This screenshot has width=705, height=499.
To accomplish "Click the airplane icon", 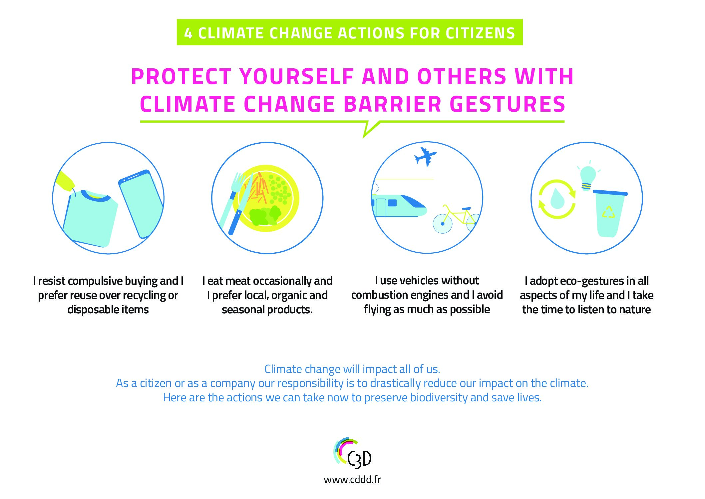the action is pos(425,156).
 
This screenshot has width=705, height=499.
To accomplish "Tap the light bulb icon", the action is pos(588,177).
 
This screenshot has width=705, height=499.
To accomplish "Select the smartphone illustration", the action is pos(141,204).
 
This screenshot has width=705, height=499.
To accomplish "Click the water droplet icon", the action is pos(557,199).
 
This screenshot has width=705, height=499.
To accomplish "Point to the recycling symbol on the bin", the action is pos(608,212).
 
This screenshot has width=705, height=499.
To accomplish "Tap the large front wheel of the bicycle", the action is pos(443,224).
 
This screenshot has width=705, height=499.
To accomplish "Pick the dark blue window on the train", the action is pos(392,203).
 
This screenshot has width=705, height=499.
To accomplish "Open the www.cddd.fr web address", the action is pos(352,480).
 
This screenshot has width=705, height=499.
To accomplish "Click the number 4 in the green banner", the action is pos(188,33).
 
